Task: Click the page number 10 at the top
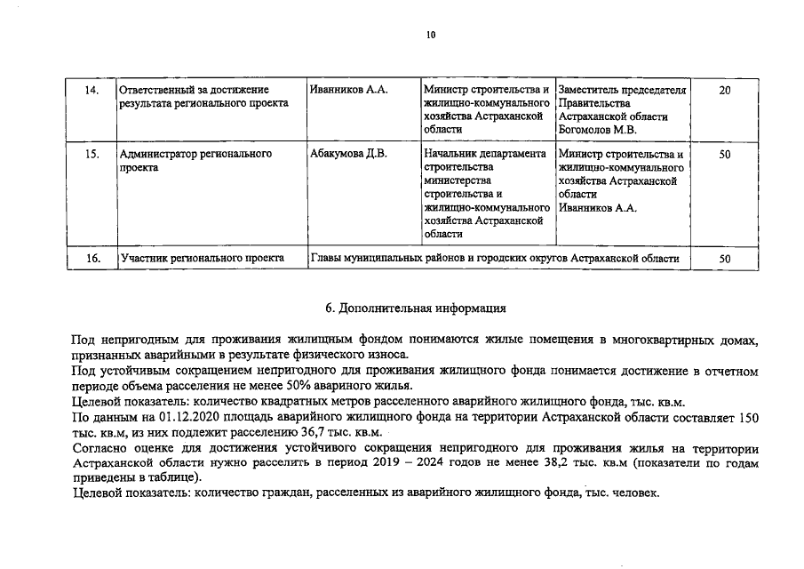click(431, 36)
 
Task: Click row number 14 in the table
click(91, 91)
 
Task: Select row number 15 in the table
click(91, 155)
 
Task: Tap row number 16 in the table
click(91, 259)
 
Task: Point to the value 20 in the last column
click(724, 91)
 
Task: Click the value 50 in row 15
click(724, 155)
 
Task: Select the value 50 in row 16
click(724, 259)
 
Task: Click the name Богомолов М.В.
click(598, 130)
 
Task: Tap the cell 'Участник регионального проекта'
click(202, 259)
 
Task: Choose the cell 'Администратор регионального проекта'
click(195, 161)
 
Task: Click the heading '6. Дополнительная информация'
click(415, 309)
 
